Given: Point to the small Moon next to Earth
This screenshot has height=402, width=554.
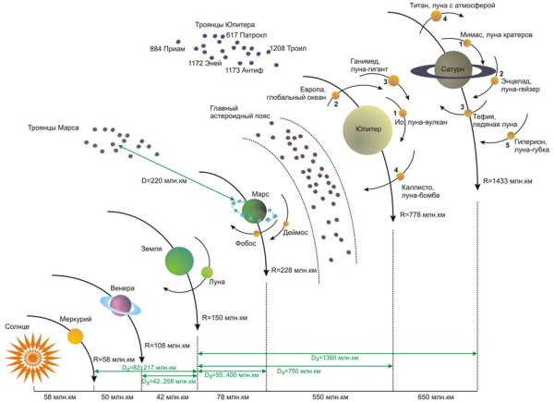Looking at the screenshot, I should coord(208,273).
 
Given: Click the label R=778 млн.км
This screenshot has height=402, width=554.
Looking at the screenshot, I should coord(424,213).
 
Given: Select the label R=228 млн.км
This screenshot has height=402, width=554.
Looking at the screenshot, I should coord(295,271).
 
